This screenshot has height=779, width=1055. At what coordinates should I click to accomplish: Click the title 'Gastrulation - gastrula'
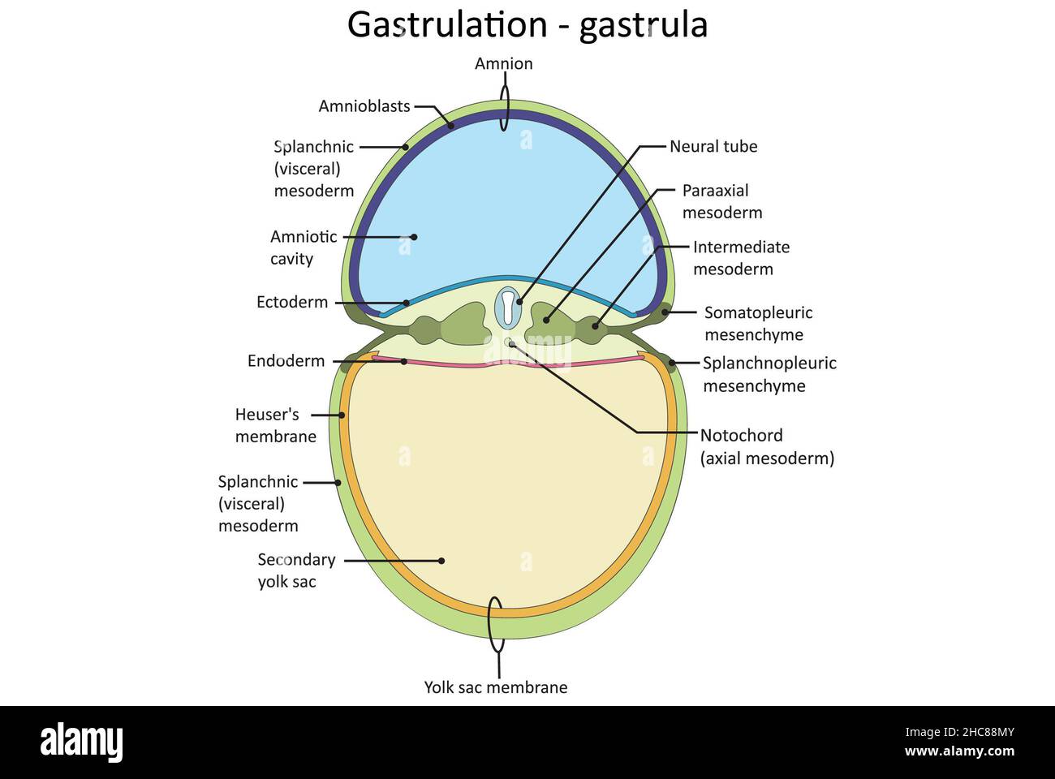tap(527, 24)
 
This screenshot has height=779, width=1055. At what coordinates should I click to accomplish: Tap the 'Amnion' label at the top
tap(503, 63)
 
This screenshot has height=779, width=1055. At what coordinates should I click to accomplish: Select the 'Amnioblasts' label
tap(364, 106)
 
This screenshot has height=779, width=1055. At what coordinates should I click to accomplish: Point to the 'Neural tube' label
tap(713, 147)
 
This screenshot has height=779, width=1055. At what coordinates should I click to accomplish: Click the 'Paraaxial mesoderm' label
tap(721, 201)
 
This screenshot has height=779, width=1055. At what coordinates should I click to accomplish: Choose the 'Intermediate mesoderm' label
tap(740, 257)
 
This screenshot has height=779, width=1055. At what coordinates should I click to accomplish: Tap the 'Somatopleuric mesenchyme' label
tap(758, 323)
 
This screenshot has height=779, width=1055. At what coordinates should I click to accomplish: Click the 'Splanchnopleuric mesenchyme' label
tap(769, 374)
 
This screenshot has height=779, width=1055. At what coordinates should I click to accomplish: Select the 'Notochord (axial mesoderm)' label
tap(767, 446)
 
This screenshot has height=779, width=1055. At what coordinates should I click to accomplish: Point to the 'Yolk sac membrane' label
tap(496, 687)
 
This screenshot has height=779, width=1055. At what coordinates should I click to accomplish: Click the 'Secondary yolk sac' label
tap(296, 570)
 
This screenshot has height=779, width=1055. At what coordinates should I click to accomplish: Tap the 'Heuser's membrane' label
tap(276, 424)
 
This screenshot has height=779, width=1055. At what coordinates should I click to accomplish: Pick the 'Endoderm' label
tap(286, 361)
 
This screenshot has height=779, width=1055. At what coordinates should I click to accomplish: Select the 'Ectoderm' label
tap(292, 302)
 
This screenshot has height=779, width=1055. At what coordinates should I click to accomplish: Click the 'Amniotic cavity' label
tap(304, 247)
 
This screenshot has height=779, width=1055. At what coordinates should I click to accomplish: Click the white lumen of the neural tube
tap(507, 306)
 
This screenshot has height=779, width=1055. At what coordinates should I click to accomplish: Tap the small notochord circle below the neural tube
tap(509, 342)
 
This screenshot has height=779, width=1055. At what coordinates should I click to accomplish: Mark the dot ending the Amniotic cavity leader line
tap(414, 237)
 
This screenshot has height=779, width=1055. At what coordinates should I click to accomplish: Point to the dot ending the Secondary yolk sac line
tap(441, 560)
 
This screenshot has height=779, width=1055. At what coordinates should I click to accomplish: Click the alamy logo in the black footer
tap(81, 742)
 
